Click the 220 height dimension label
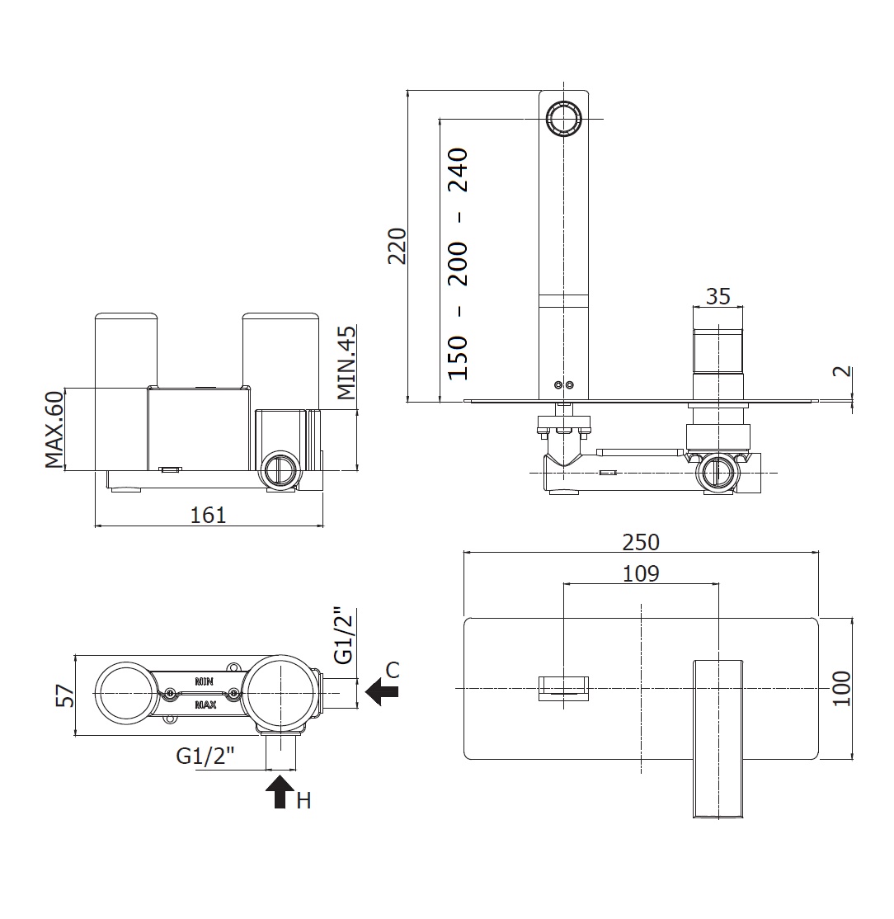click(398, 245)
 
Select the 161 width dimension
click(208, 515)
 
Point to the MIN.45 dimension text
click(347, 363)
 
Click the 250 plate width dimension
click(641, 542)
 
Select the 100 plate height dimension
click(841, 688)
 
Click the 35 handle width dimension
click(718, 296)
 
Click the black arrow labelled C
click(381, 691)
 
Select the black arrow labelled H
click(280, 790)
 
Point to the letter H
click(304, 800)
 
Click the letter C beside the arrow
click(393, 670)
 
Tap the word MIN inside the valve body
click(205, 681)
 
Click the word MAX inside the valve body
click(205, 705)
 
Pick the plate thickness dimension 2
click(841, 371)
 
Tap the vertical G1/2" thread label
click(344, 636)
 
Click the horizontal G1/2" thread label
click(206, 755)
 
